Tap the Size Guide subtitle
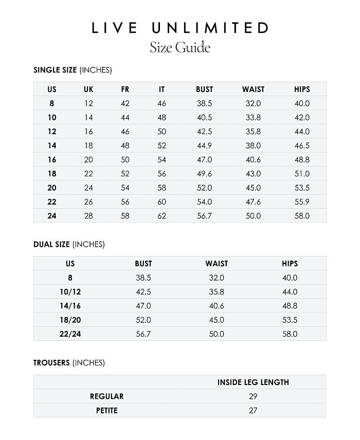(x=180, y=48)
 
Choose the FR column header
(x=125, y=89)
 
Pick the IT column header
(x=162, y=89)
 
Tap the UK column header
(x=88, y=89)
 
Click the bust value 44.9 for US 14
(x=204, y=145)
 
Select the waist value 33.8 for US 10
(x=253, y=117)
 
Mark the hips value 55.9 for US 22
(x=302, y=202)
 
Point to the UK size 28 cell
(x=88, y=216)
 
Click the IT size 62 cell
(x=162, y=216)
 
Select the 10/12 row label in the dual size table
(x=70, y=292)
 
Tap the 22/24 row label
(x=70, y=334)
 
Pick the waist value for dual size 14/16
(x=217, y=306)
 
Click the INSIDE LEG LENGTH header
(x=253, y=382)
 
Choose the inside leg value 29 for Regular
(x=253, y=396)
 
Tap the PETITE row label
(x=107, y=411)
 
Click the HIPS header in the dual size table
(x=290, y=264)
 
